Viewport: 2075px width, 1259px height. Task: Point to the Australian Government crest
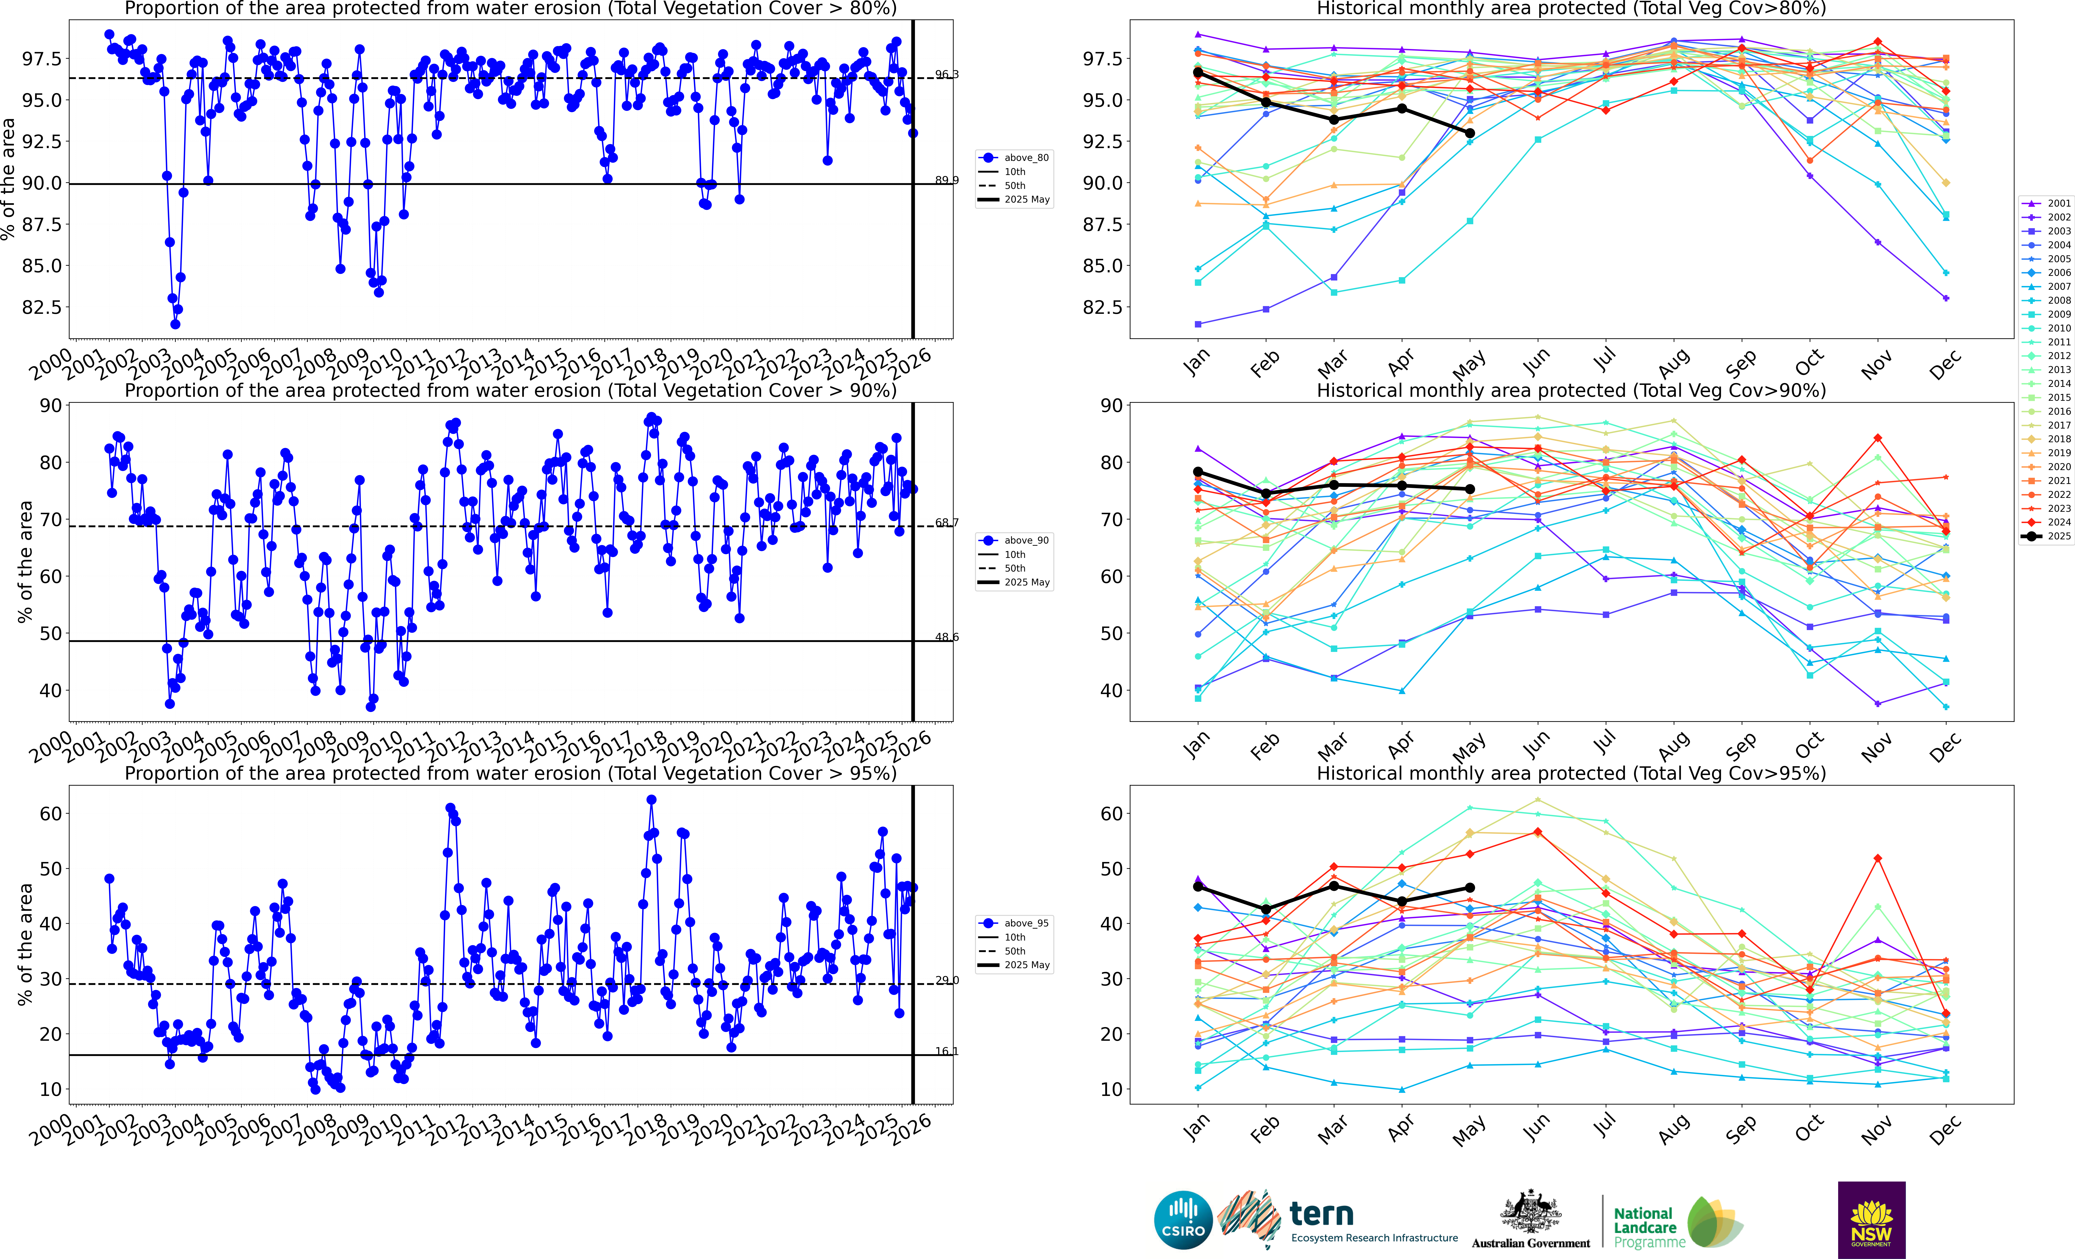pos(1531,1213)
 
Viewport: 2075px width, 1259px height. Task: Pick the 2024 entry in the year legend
pos(2051,522)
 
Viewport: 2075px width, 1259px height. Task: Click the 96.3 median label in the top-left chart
pos(947,75)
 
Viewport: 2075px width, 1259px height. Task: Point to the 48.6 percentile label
pos(947,638)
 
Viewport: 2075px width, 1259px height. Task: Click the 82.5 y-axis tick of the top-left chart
pos(41,307)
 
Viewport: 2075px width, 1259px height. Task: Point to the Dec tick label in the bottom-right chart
pos(1945,1129)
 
